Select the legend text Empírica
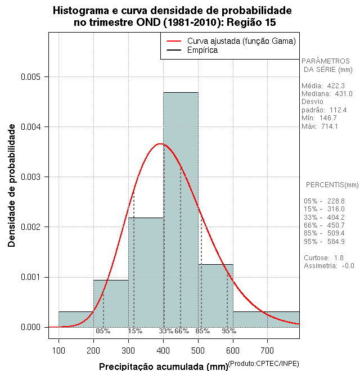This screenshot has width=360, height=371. (x=202, y=51)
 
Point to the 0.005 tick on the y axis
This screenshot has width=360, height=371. (x=34, y=76)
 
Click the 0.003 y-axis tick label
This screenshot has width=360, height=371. (x=34, y=177)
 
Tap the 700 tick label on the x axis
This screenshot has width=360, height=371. (x=267, y=351)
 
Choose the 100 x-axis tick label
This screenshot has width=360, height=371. (x=58, y=351)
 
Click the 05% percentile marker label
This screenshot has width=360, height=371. (x=103, y=331)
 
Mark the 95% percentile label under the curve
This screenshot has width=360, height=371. (x=228, y=331)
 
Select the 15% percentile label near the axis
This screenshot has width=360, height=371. (x=135, y=331)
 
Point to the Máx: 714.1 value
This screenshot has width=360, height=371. (x=319, y=126)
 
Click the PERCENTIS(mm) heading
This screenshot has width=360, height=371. (x=332, y=185)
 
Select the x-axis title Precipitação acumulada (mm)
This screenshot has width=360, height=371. (x=163, y=367)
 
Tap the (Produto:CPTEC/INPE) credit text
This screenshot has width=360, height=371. (x=263, y=364)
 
